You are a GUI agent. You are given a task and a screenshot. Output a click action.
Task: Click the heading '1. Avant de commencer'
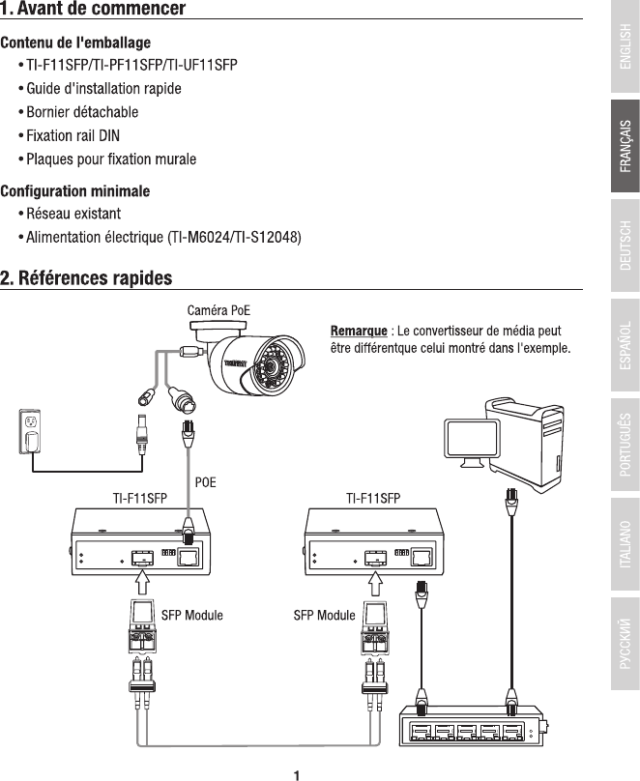click(93, 10)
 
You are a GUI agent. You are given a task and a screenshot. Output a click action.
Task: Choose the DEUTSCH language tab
click(625, 246)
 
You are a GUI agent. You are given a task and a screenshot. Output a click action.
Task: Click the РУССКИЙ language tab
click(625, 644)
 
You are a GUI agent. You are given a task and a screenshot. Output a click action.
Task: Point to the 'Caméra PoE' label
click(218, 310)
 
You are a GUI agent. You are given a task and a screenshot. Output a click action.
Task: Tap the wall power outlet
click(30, 433)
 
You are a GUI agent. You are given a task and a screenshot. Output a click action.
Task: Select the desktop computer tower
click(527, 430)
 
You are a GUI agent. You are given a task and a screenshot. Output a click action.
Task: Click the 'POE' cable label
click(206, 479)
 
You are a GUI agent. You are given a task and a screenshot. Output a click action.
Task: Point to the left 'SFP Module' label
click(191, 615)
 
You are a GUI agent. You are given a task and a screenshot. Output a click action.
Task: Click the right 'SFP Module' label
click(324, 615)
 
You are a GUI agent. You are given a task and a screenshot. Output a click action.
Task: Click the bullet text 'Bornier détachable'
click(82, 112)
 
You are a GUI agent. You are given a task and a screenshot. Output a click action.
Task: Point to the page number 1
click(298, 772)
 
